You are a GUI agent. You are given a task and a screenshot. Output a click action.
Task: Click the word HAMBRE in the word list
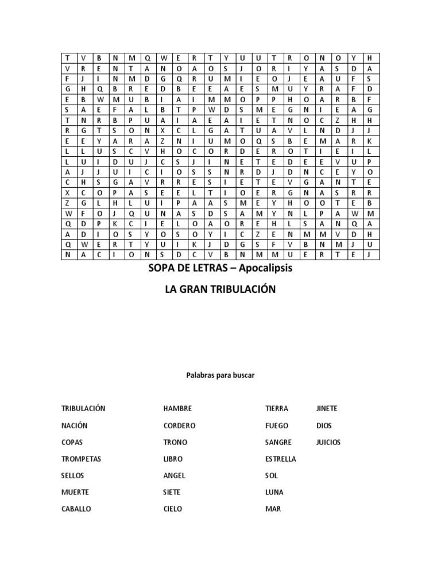tap(177, 409)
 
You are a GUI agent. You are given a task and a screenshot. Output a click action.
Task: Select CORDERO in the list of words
tap(179, 426)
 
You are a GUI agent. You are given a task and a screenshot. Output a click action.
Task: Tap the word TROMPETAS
tap(82, 459)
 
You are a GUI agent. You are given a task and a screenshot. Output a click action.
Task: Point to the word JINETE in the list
tap(327, 409)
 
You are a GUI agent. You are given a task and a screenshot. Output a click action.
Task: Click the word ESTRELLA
tap(281, 459)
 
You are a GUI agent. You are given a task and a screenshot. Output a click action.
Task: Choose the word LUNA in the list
tap(274, 493)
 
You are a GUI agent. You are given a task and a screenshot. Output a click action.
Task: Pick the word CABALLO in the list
tap(76, 509)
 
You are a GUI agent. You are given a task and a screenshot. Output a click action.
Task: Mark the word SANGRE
tap(278, 443)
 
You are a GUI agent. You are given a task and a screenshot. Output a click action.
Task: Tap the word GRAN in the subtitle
tap(194, 289)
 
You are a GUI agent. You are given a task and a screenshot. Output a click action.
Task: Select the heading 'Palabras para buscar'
tap(220, 375)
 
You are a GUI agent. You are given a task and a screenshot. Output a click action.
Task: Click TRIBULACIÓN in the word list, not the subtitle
tap(83, 409)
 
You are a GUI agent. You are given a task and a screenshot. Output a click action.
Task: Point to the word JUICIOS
tap(328, 443)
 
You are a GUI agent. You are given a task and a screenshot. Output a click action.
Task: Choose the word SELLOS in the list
tap(72, 476)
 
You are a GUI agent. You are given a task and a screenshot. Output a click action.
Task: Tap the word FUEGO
tap(277, 426)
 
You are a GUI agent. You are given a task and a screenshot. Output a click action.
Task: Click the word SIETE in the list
tap(172, 493)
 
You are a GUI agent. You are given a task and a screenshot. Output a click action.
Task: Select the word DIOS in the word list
tap(324, 426)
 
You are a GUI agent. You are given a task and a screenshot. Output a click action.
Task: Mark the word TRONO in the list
tap(175, 443)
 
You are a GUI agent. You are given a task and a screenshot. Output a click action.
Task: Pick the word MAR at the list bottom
tap(273, 509)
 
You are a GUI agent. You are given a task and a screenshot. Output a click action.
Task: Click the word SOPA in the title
tap(161, 269)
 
